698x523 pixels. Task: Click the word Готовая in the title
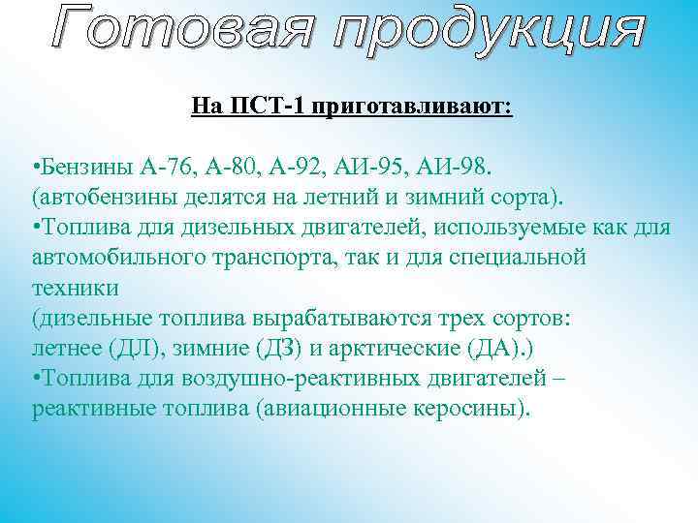[181, 30]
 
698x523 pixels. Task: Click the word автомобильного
[122, 260]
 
